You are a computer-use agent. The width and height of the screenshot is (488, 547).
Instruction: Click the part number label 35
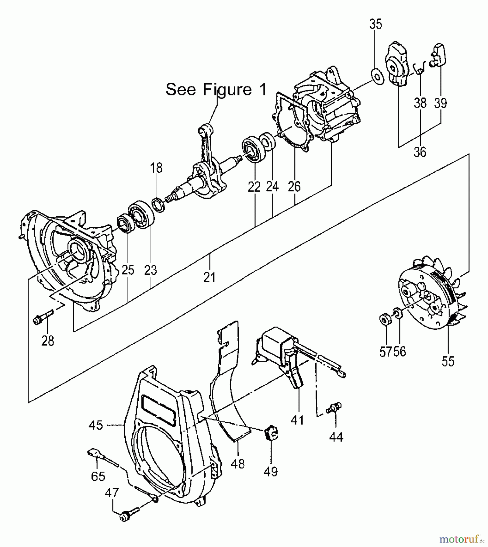pos(376,24)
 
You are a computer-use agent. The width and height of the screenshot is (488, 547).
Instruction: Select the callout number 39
pos(441,103)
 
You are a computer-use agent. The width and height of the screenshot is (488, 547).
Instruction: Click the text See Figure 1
pos(216,89)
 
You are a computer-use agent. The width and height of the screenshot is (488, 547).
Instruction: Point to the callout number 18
pos(157,168)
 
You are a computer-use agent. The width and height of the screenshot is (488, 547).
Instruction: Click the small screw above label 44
pos(335,407)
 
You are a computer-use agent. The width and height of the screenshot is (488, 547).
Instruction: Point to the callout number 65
pos(98,476)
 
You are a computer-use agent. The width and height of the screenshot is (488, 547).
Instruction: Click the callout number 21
pos(209,277)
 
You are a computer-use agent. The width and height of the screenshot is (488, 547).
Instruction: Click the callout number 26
pos(294,186)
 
